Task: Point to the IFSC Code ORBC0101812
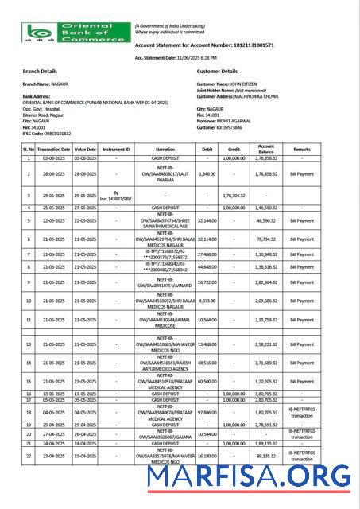coord(47,134)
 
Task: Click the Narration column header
coord(165,149)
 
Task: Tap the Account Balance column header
coord(266,149)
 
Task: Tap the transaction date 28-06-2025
coord(52,173)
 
